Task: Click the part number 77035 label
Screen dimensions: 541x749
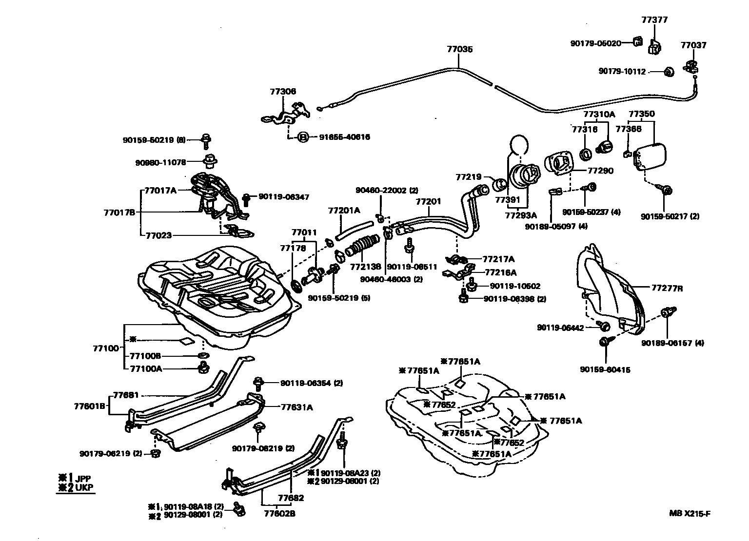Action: click(460, 49)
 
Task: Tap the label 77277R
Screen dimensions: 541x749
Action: click(667, 288)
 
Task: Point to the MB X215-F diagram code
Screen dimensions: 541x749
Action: click(692, 513)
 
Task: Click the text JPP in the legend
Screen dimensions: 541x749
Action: click(84, 478)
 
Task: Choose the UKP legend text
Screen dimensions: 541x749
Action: click(84, 487)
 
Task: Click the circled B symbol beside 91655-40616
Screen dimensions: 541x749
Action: click(302, 137)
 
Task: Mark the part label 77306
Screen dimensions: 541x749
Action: click(283, 92)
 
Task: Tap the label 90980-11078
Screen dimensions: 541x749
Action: click(160, 162)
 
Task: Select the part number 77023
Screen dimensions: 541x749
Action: click(158, 235)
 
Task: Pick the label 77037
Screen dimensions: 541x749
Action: click(693, 45)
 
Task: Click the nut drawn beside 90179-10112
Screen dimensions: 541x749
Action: click(669, 72)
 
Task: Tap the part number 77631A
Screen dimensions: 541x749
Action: click(296, 407)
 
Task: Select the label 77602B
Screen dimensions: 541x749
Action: click(279, 513)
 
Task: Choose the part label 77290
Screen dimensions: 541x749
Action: click(600, 171)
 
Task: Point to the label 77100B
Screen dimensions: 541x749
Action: click(145, 356)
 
